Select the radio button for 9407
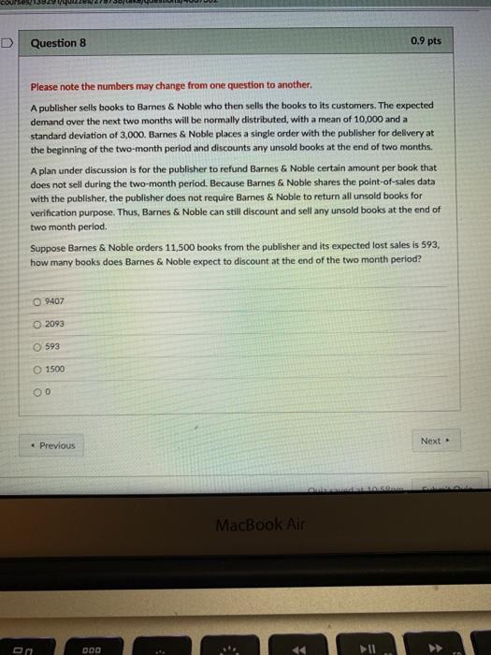[x=38, y=300]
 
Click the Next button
[x=433, y=440]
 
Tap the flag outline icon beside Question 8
[x=7, y=42]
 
